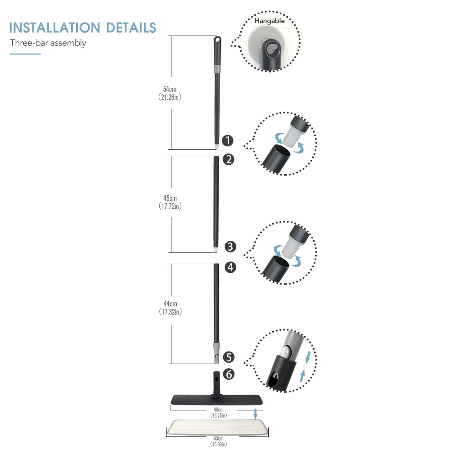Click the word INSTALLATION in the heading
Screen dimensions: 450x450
(x=54, y=28)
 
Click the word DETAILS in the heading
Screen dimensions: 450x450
(x=131, y=28)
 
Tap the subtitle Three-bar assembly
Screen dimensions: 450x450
(x=48, y=43)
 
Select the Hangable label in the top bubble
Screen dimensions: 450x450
(x=270, y=21)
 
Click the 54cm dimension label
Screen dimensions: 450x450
(x=170, y=89)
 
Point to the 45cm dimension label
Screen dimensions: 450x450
(x=170, y=198)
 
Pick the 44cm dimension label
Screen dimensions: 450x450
(x=170, y=304)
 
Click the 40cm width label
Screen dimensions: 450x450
(x=218, y=410)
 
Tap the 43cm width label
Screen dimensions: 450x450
(x=218, y=439)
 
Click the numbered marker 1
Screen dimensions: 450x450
(x=228, y=140)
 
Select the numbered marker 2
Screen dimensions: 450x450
(x=229, y=160)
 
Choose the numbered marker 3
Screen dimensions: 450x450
(x=230, y=247)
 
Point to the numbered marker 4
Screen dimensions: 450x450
(x=230, y=267)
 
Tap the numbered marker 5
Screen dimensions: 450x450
(x=229, y=357)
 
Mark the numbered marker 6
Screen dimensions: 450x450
(x=229, y=374)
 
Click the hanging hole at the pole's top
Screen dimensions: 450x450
(x=217, y=39)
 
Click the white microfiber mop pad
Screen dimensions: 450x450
(x=217, y=427)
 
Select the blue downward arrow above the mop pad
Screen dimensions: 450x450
(x=256, y=414)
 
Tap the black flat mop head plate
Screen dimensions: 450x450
(x=217, y=399)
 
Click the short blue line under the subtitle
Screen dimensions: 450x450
(x=25, y=54)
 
